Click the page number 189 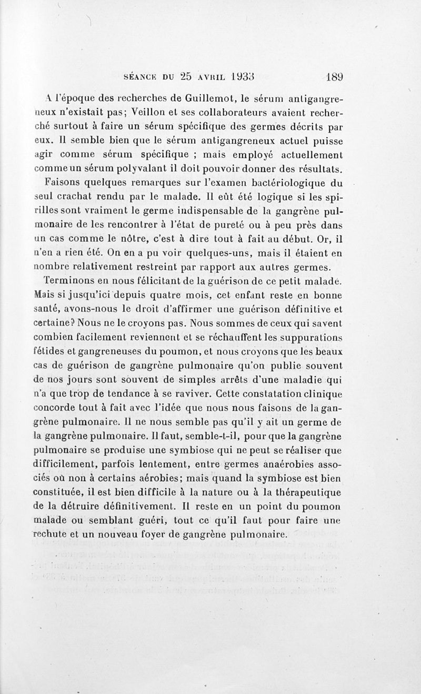click(x=334, y=76)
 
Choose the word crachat click(x=74, y=198)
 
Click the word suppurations click(x=306, y=337)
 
